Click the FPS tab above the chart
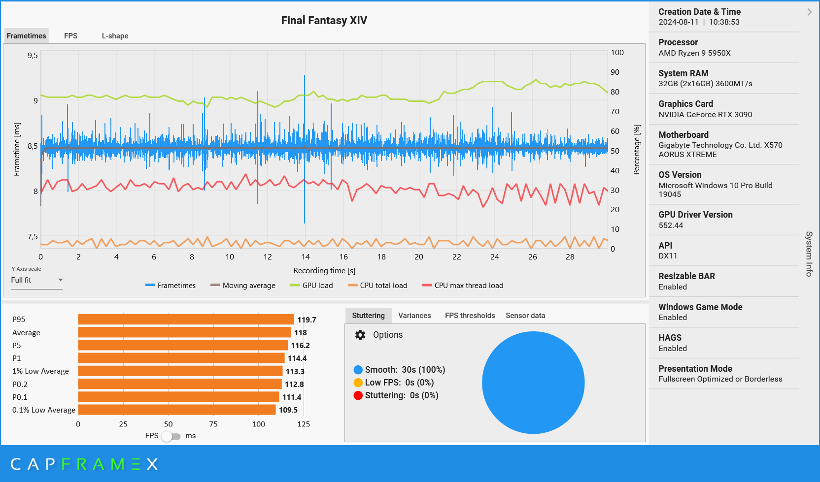tap(70, 36)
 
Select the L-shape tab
tap(115, 36)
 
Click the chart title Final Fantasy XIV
tap(324, 21)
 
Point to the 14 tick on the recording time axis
tap(306, 257)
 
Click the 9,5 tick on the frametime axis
tap(33, 56)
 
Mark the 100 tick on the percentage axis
tap(617, 53)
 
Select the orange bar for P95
tap(186, 320)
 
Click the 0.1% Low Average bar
tap(176, 410)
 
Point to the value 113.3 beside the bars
tap(295, 372)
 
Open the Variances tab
tap(414, 316)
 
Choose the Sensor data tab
tap(525, 316)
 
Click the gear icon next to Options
tap(360, 335)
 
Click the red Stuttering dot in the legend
tap(358, 395)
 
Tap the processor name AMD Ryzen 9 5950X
tap(694, 53)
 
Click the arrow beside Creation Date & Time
tap(809, 12)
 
